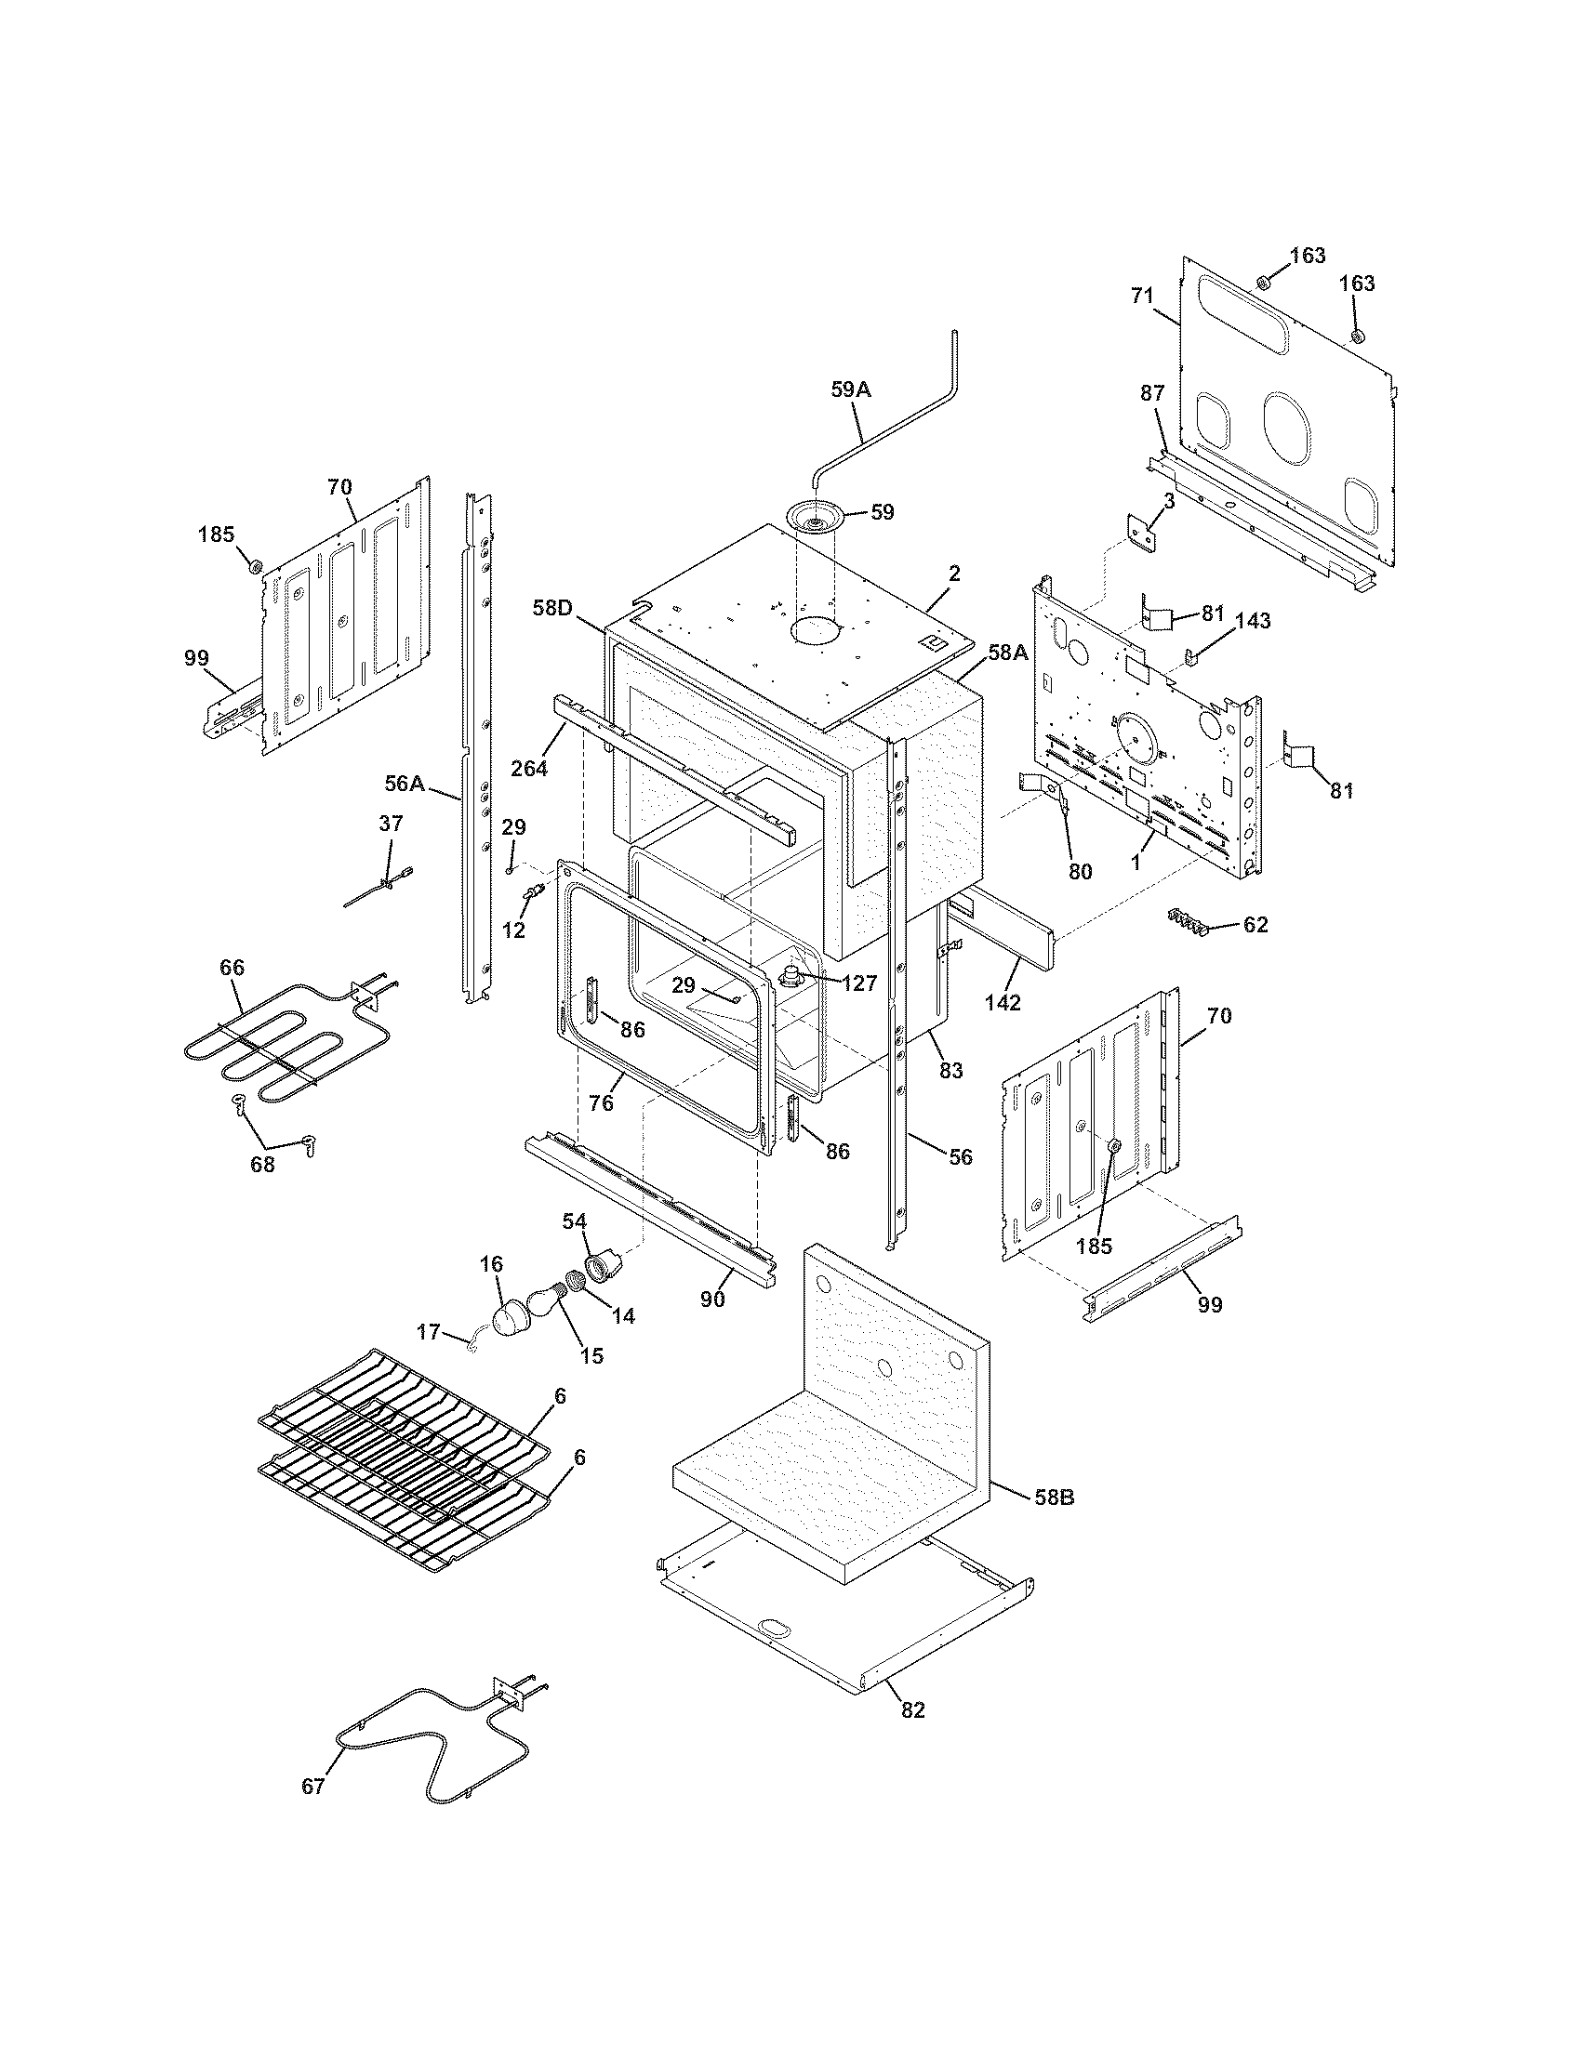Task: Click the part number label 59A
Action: pyautogui.click(x=850, y=390)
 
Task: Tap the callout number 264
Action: pyautogui.click(x=529, y=769)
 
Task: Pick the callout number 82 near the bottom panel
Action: pyautogui.click(x=912, y=1709)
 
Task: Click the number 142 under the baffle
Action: pyautogui.click(x=1002, y=1001)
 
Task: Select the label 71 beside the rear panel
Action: pyautogui.click(x=1142, y=296)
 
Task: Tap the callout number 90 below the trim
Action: pyautogui.click(x=712, y=1299)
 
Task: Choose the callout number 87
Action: pyautogui.click(x=1151, y=394)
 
